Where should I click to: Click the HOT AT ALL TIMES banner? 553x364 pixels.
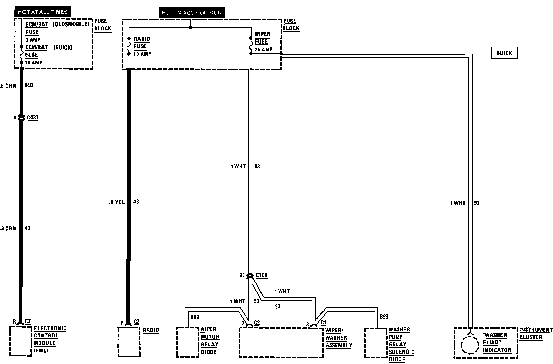point(43,12)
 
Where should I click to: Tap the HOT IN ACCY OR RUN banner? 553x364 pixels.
point(192,13)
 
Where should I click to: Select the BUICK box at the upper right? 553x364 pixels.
point(504,53)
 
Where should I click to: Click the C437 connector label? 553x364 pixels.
point(33,118)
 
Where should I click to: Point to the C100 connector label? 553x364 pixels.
point(261,275)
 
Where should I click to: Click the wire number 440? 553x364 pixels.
point(28,85)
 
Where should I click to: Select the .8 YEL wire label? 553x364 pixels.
point(117,202)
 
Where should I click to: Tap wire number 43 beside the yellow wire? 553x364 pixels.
point(136,202)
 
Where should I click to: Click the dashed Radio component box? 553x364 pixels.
point(129,342)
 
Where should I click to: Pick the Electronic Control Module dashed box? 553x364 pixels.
point(21,341)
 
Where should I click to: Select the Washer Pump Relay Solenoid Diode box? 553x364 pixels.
point(376,343)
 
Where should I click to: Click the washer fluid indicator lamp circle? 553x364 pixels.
point(470,345)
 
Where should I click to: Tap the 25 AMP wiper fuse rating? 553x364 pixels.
point(263,50)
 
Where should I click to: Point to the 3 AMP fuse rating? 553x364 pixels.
point(33,40)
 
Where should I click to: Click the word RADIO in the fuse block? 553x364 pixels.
point(142,39)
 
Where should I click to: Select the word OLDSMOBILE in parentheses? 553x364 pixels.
point(71,24)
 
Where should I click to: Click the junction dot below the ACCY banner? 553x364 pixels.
point(190,27)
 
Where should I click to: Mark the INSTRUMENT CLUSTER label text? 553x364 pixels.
point(536,334)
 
